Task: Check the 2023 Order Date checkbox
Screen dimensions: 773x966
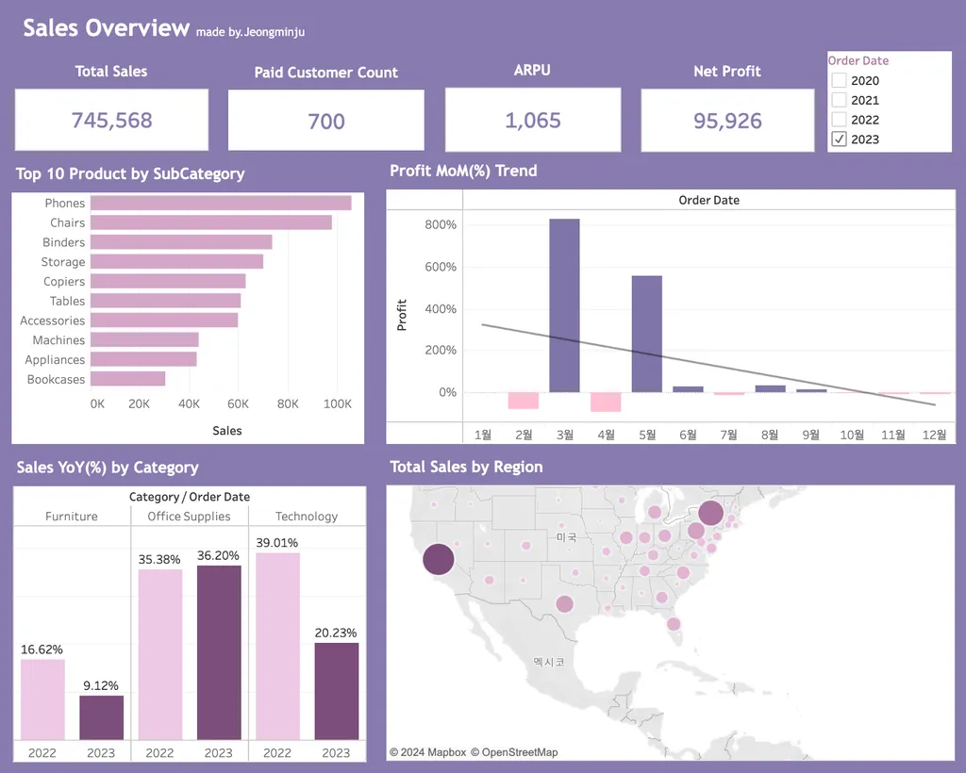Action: (x=839, y=140)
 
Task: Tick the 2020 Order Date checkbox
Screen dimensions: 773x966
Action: (x=839, y=81)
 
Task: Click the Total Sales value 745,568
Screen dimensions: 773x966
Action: (x=111, y=121)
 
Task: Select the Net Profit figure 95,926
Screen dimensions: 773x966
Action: (x=727, y=121)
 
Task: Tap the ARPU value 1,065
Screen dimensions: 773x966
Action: (x=533, y=121)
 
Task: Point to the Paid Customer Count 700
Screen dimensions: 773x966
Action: (x=326, y=121)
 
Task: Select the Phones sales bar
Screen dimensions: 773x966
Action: (x=221, y=203)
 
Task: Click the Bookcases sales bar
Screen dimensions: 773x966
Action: (x=128, y=379)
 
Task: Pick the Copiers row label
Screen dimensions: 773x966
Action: (x=64, y=282)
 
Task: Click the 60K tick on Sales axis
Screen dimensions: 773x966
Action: (x=240, y=403)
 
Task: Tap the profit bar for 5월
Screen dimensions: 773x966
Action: (x=647, y=333)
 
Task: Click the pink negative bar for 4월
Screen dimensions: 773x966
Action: (x=606, y=402)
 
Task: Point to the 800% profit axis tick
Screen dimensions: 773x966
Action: (x=441, y=225)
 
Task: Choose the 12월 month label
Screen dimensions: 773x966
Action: (x=935, y=435)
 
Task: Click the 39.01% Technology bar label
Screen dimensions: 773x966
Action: (x=277, y=543)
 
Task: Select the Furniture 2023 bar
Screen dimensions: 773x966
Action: (x=101, y=716)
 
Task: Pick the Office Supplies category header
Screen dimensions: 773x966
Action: (x=189, y=517)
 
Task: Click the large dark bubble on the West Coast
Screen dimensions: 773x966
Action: (x=438, y=559)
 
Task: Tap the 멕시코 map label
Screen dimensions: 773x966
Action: (x=548, y=663)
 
